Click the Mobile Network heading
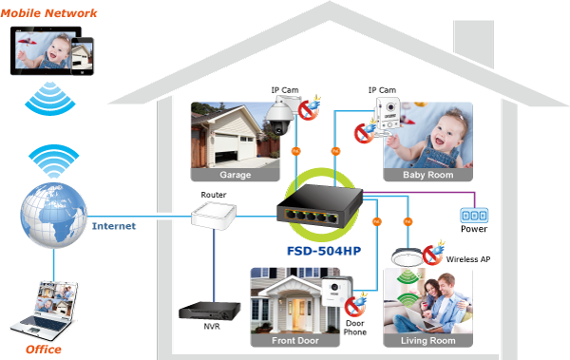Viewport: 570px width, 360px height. pyautogui.click(x=48, y=13)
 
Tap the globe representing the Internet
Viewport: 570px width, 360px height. pyautogui.click(x=53, y=216)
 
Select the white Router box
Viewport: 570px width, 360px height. pyautogui.click(x=214, y=216)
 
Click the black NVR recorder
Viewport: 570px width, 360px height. pyautogui.click(x=210, y=311)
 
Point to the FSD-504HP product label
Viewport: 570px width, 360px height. pyautogui.click(x=324, y=251)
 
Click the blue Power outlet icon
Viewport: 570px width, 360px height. pyautogui.click(x=474, y=216)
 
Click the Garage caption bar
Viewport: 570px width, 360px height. pyautogui.click(x=236, y=175)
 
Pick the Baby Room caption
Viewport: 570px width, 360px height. pyautogui.click(x=427, y=175)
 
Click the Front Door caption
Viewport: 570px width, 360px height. pyautogui.click(x=295, y=341)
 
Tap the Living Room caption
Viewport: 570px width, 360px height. pyautogui.click(x=427, y=341)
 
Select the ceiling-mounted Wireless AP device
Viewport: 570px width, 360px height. pyautogui.click(x=408, y=256)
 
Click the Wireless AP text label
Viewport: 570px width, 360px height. pyautogui.click(x=468, y=259)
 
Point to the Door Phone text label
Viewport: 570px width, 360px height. pyautogui.click(x=354, y=328)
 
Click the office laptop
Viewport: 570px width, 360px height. pyautogui.click(x=46, y=311)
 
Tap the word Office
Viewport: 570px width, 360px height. pyautogui.click(x=44, y=350)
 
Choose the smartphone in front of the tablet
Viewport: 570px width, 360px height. pyautogui.click(x=82, y=56)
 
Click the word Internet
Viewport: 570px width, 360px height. pyautogui.click(x=114, y=226)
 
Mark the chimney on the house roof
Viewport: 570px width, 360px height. pyautogui.click(x=474, y=44)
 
